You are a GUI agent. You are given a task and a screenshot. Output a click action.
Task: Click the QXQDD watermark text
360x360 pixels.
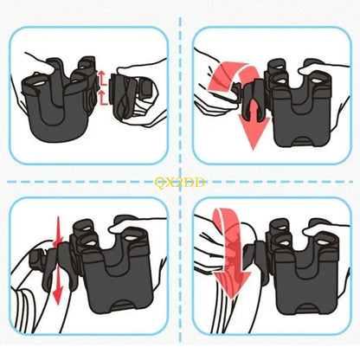coord(178,182)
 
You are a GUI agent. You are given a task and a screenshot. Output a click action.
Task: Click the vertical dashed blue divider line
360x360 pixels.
coord(180,104)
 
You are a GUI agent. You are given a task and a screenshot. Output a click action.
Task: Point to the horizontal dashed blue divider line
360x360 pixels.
coord(87,182)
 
